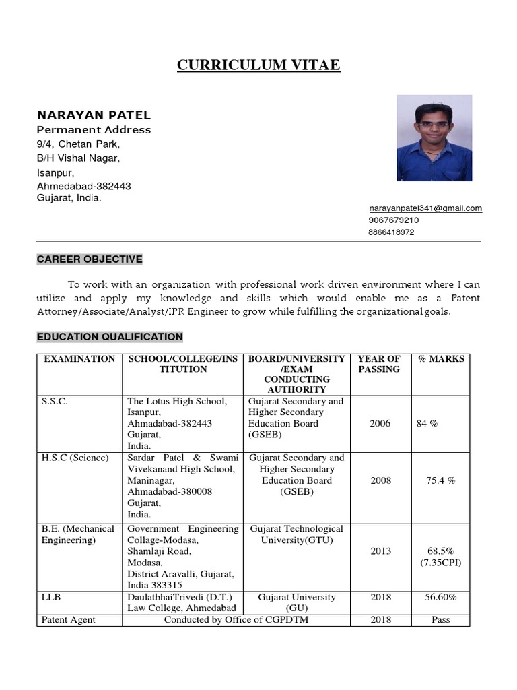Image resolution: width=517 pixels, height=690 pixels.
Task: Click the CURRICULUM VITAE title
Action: pyautogui.click(x=258, y=65)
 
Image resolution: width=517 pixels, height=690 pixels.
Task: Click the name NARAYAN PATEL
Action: pyautogui.click(x=94, y=115)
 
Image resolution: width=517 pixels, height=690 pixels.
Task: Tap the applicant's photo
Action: pyautogui.click(x=434, y=137)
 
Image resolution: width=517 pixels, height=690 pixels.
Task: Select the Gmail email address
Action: pyautogui.click(x=425, y=208)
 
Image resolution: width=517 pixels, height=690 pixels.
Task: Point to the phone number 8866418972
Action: pyautogui.click(x=391, y=232)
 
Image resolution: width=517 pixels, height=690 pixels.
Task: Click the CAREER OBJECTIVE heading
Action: pyautogui.click(x=90, y=259)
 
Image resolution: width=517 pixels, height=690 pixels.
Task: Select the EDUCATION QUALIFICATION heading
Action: pyautogui.click(x=110, y=337)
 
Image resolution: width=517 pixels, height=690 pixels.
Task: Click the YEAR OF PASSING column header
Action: pyautogui.click(x=379, y=364)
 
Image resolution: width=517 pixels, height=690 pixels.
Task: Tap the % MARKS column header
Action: pyautogui.click(x=441, y=359)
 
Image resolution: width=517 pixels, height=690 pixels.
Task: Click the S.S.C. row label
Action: pyautogui.click(x=55, y=402)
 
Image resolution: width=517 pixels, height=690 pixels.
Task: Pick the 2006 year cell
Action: pyautogui.click(x=380, y=424)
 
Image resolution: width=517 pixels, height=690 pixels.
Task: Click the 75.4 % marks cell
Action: pyautogui.click(x=441, y=481)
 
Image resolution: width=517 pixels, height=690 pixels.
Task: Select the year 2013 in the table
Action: pyautogui.click(x=380, y=551)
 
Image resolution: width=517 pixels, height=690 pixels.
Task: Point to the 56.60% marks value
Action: pyautogui.click(x=441, y=597)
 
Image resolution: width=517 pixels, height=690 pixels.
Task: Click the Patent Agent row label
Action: pyautogui.click(x=69, y=620)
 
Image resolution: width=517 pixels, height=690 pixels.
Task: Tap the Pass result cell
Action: pyautogui.click(x=441, y=620)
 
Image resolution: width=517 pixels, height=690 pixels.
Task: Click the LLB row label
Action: pyautogui.click(x=52, y=597)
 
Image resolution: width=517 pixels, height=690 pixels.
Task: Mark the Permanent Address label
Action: pyautogui.click(x=94, y=130)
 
